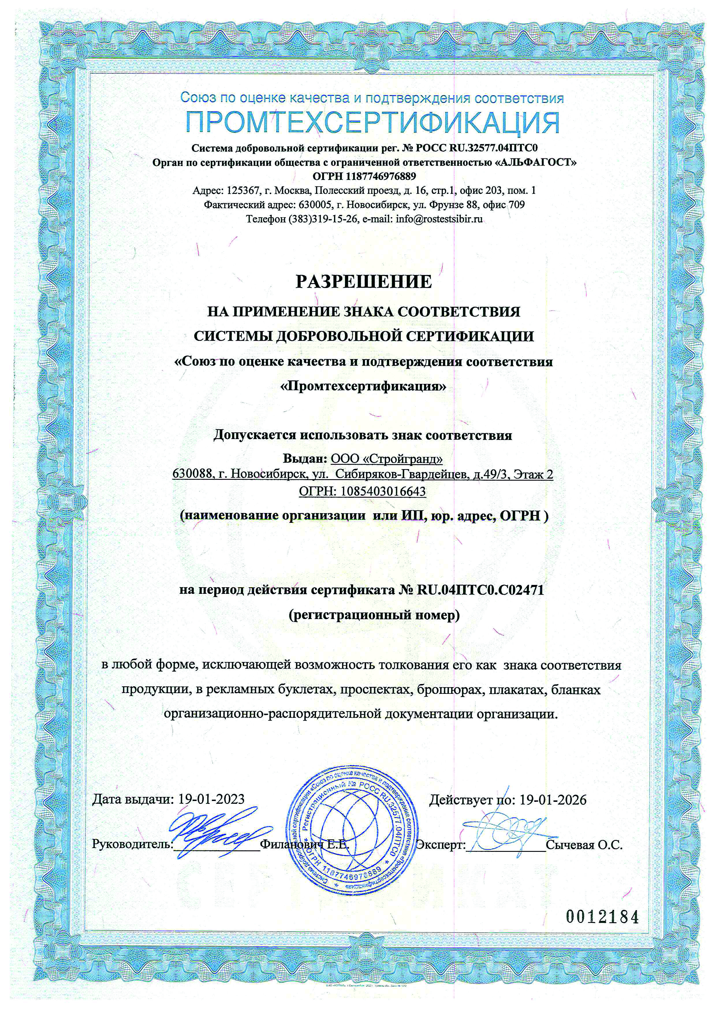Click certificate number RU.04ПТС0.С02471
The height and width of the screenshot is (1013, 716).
(x=480, y=590)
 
